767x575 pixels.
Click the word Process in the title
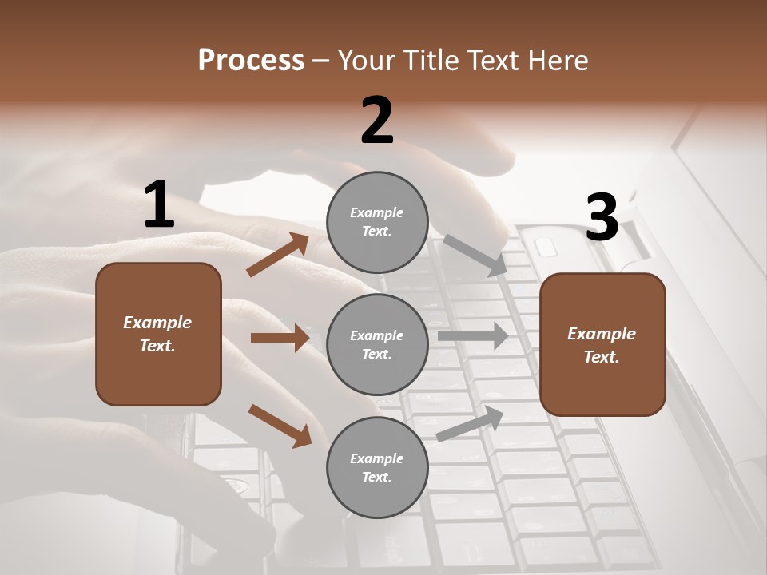(x=251, y=61)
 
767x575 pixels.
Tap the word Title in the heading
(x=431, y=61)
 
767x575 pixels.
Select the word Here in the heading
(x=557, y=61)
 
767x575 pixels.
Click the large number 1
(x=158, y=204)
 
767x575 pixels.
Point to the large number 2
(x=377, y=121)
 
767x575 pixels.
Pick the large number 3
(x=602, y=217)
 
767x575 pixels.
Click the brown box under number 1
(x=158, y=334)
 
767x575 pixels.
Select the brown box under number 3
(x=602, y=344)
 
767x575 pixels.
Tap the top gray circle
(x=377, y=222)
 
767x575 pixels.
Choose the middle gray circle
(x=377, y=344)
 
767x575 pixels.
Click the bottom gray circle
(x=377, y=467)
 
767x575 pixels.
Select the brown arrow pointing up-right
(x=277, y=255)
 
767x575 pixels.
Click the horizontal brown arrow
(x=280, y=338)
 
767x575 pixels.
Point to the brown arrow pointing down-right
(x=280, y=426)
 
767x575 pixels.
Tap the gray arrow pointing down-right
(x=475, y=255)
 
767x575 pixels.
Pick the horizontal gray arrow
(x=473, y=335)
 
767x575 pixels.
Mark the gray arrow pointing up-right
(x=471, y=423)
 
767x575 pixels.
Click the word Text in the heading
(x=495, y=61)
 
